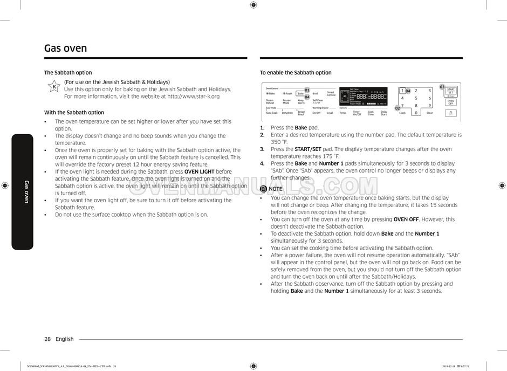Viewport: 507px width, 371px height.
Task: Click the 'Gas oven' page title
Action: click(65, 48)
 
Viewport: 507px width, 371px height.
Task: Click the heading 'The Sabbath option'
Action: click(68, 73)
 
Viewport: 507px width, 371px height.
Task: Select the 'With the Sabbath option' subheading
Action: click(74, 113)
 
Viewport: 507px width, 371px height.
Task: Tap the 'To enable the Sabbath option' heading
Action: click(296, 73)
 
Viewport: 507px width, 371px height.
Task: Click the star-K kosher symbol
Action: click(54, 87)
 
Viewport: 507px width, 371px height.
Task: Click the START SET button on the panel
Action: click(450, 91)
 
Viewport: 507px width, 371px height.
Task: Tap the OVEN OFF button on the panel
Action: click(450, 102)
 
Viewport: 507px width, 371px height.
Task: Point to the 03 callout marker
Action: click(442, 87)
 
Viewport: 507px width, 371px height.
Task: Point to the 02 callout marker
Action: click(398, 108)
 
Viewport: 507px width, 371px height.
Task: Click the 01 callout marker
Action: click(307, 90)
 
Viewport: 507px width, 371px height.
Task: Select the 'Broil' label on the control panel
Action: click(316, 94)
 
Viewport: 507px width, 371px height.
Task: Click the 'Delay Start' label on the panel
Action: click(384, 113)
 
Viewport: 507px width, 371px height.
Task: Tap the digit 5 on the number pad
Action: click(416, 98)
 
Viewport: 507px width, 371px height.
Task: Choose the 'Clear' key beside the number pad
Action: click(430, 113)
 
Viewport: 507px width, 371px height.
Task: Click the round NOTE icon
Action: click(263, 189)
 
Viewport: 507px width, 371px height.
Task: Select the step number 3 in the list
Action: click(262, 149)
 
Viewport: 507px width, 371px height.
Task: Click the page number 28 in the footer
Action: click(47, 339)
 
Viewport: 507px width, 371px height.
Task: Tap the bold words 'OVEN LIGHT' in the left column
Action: click(199, 172)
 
